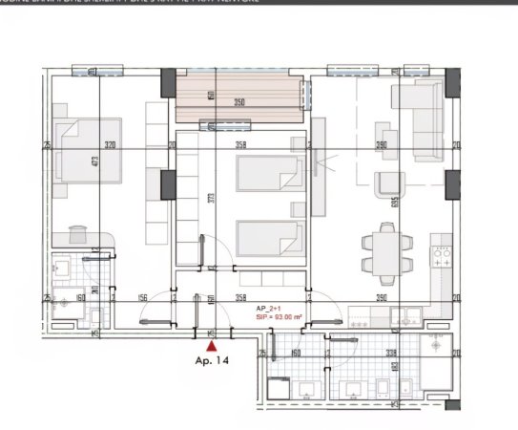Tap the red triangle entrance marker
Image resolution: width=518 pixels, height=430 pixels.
click(211, 347)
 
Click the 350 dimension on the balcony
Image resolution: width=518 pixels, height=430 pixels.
click(240, 101)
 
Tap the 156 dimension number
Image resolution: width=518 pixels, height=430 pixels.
click(143, 298)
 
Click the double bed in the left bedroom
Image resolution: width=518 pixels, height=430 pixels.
click(89, 149)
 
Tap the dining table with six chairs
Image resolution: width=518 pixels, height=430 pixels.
click(386, 252)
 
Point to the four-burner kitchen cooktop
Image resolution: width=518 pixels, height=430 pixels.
click(442, 255)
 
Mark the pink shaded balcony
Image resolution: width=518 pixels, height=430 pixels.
click(242, 97)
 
